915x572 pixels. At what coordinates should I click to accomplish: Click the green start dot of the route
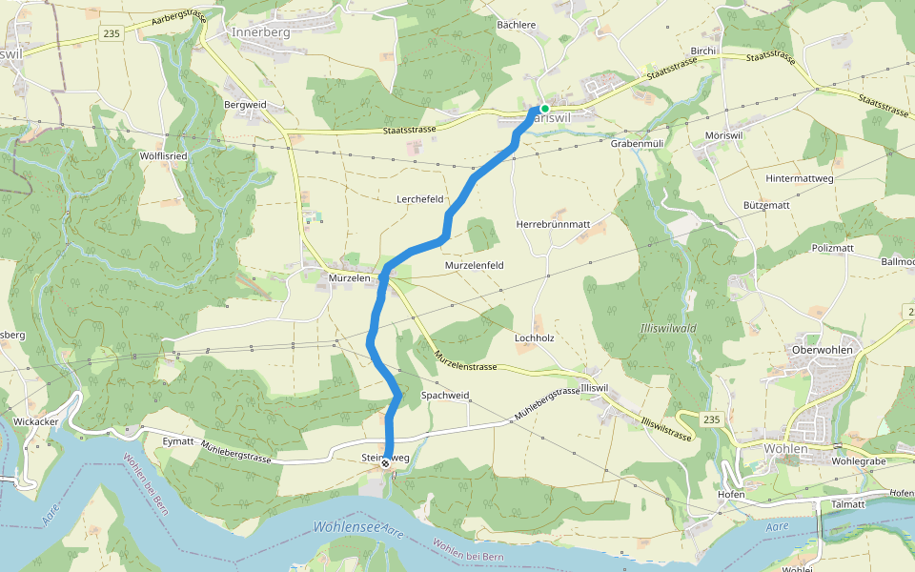[544, 109]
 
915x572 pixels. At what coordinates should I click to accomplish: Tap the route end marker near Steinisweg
[385, 465]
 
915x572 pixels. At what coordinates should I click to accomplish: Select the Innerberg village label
[260, 31]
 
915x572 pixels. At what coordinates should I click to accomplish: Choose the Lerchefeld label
[420, 199]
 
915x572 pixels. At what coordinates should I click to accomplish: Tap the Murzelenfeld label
[474, 264]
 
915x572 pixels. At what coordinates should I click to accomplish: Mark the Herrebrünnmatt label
[553, 224]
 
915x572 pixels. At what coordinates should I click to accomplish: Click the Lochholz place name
[534, 337]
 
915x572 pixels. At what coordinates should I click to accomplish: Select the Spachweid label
[445, 395]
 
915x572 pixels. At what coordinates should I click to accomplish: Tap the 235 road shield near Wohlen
[711, 419]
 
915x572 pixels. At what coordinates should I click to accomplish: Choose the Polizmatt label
[833, 248]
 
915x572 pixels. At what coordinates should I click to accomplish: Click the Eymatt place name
[178, 441]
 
